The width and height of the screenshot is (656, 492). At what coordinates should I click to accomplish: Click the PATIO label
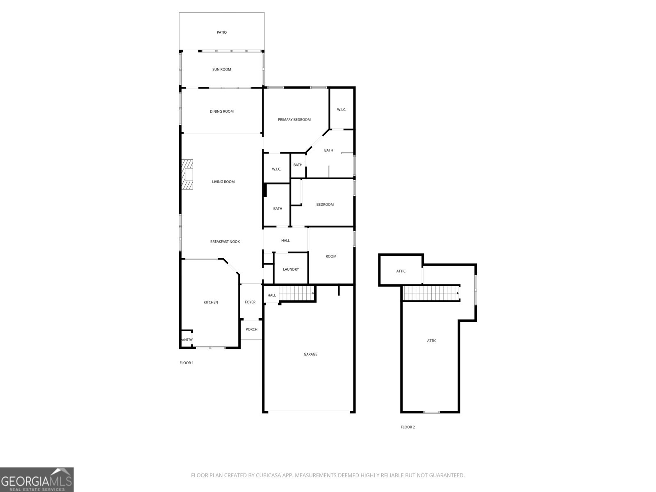click(221, 32)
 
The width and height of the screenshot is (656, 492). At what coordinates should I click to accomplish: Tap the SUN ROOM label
click(221, 69)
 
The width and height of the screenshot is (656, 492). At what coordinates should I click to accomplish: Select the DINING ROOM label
click(221, 112)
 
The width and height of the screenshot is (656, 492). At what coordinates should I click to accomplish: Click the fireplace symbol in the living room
click(188, 175)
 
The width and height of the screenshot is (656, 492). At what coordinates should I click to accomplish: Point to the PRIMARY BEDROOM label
click(294, 120)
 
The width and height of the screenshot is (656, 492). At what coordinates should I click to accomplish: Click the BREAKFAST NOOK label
click(225, 242)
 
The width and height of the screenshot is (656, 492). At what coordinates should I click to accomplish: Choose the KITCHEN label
click(211, 303)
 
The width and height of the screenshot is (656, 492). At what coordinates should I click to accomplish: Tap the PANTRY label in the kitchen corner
click(187, 340)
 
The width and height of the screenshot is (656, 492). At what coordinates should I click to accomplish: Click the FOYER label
click(250, 302)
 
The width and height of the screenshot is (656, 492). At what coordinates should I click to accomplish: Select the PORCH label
click(251, 330)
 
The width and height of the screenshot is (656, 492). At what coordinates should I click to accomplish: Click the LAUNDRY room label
click(291, 269)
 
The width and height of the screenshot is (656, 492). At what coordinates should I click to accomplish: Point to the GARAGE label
click(310, 354)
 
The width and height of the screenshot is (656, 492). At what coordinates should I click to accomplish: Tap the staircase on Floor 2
click(430, 293)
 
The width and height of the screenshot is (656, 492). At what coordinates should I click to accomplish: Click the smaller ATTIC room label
click(401, 271)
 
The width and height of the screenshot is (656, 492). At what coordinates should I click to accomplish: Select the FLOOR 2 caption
click(408, 427)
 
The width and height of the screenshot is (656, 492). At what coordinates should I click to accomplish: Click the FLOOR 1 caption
click(187, 363)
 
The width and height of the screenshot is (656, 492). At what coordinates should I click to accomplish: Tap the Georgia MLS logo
click(37, 480)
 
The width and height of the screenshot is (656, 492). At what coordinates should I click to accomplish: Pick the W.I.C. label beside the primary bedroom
click(342, 109)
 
